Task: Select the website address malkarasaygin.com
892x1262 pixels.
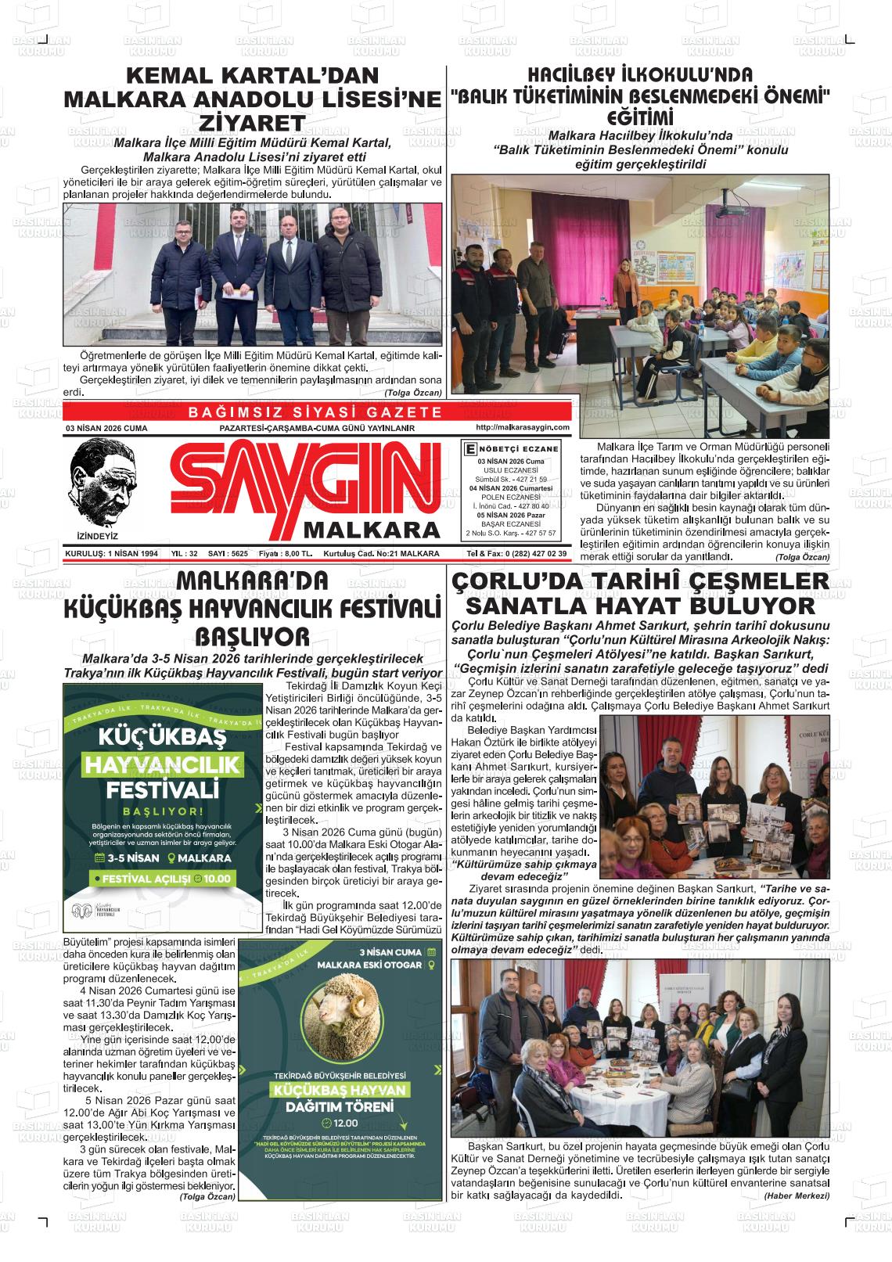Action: pos(522,427)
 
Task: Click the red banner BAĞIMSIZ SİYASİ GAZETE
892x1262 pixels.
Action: pos(316,412)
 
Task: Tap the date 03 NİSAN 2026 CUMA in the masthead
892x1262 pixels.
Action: pos(106,429)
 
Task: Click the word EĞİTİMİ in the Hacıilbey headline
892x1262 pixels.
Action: pos(641,116)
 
